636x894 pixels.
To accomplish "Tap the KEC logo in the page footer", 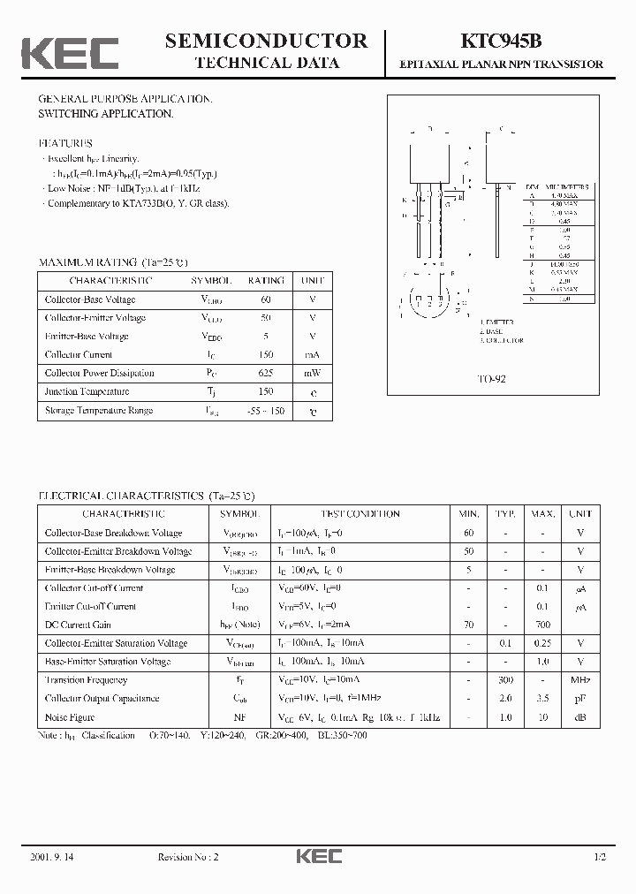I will (x=318, y=857).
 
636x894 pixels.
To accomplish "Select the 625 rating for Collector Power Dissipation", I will (x=265, y=373).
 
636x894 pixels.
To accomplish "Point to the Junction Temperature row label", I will (x=87, y=391).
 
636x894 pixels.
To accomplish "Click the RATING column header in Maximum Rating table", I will (x=265, y=280).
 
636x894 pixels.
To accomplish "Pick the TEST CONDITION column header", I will (x=360, y=513).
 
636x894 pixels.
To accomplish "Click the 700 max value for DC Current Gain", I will (x=544, y=625).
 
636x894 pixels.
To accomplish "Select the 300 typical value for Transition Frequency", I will (x=505, y=680).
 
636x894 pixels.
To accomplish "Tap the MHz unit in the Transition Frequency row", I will (x=579, y=680).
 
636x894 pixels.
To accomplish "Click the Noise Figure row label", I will (x=70, y=717).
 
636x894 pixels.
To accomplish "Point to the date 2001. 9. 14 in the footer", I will (x=53, y=858).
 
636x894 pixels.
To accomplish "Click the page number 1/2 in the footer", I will (x=600, y=858).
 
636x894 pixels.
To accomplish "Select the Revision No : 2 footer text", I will (x=187, y=858).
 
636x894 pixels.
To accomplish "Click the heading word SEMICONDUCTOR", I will (x=266, y=41).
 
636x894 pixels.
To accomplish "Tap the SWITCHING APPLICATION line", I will (x=105, y=114).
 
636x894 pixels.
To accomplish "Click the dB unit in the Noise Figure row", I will (x=579, y=717).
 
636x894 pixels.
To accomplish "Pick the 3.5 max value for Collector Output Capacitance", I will (x=544, y=699).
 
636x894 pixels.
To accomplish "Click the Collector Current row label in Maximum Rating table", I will (x=80, y=354).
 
